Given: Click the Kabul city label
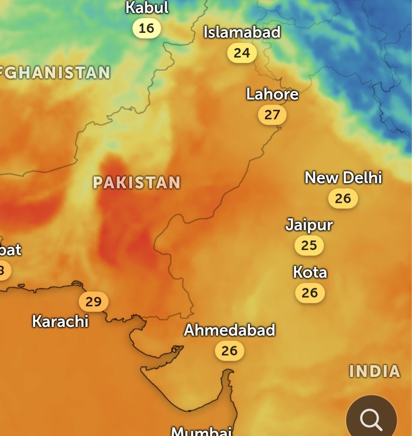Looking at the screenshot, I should tap(147, 8).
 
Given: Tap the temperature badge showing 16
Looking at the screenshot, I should tap(146, 29).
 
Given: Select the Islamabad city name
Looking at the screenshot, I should tap(242, 32).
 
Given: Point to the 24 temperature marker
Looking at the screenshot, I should tap(242, 53).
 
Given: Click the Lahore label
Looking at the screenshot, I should tap(272, 94).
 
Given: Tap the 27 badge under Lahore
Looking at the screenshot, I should tap(272, 115).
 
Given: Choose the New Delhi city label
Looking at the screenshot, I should tap(343, 178).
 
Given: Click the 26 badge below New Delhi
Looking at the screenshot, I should tap(343, 198).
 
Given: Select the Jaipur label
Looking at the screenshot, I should tap(309, 225).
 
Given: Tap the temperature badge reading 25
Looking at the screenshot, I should tap(309, 246).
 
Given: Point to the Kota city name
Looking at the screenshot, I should tap(310, 272).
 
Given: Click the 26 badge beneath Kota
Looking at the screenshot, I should tap(310, 293).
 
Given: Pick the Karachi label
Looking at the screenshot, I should tap(60, 321).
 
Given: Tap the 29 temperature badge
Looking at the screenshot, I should tap(94, 302).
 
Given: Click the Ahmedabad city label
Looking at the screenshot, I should tap(229, 330).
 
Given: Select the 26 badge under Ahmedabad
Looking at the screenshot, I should tap(229, 351).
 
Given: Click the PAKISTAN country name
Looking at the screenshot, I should tap(136, 183).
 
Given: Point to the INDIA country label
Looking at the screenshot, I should tap(374, 371).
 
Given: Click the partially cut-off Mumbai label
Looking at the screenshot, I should tap(201, 431).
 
